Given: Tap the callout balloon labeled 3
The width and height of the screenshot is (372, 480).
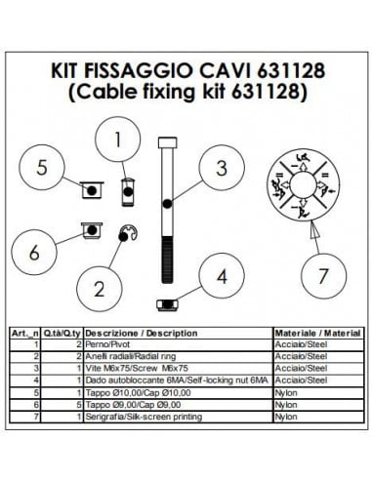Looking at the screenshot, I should [222, 169].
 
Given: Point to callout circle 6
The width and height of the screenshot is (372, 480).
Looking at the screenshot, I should [35, 252].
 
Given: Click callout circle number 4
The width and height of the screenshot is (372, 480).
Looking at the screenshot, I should [222, 276].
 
